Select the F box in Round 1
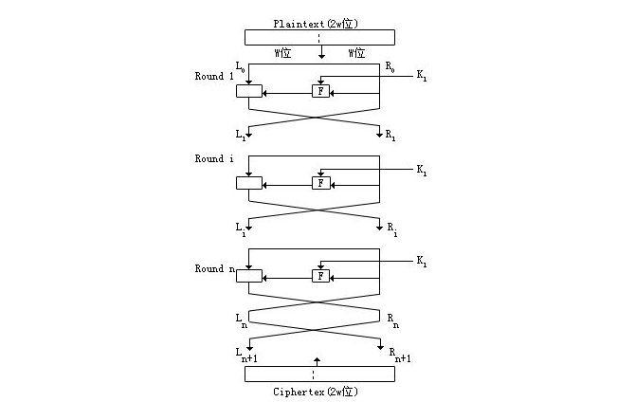321,92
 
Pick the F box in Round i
321,183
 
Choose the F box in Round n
321,276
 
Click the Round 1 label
214,77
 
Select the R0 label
390,66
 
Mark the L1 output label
240,136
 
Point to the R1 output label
390,137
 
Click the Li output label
240,228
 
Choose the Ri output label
391,228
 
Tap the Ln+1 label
247,355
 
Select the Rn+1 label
397,355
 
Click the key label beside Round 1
422,78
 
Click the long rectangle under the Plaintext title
319,37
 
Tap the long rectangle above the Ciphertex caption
319,374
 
